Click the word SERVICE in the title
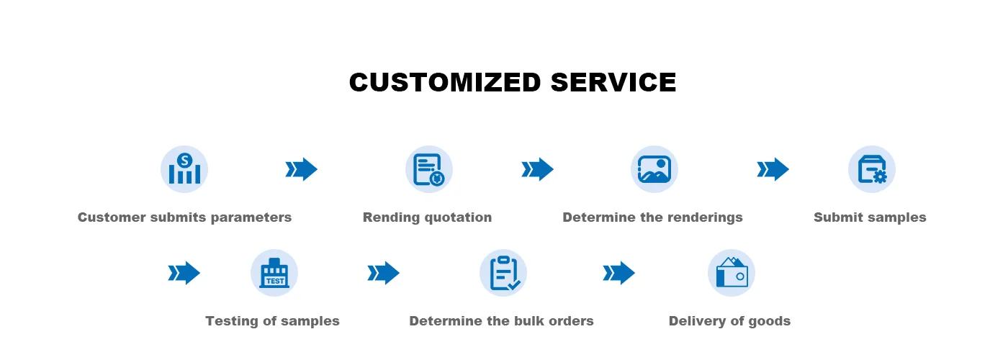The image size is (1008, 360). (x=613, y=83)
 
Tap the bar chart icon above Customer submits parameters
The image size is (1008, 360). (x=184, y=169)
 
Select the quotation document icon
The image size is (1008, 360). (x=429, y=169)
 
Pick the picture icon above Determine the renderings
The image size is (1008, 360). (x=654, y=169)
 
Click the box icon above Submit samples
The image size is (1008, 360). (x=872, y=169)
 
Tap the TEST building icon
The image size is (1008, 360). (x=274, y=273)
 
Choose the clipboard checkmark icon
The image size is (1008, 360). (x=503, y=273)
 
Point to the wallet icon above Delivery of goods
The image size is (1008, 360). (x=732, y=273)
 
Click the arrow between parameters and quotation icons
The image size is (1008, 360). (x=302, y=169)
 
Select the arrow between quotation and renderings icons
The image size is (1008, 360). (x=538, y=169)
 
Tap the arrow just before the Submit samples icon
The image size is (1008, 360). (x=773, y=169)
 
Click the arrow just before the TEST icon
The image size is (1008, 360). (x=184, y=273)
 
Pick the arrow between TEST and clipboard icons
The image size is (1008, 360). (x=384, y=273)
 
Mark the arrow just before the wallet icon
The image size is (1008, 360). (x=619, y=273)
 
